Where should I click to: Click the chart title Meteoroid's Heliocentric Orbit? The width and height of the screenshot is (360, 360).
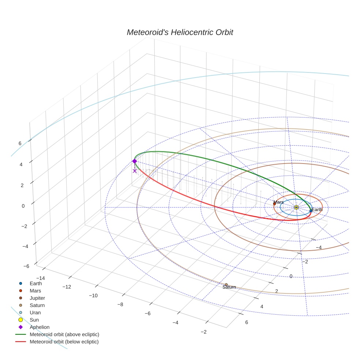180,33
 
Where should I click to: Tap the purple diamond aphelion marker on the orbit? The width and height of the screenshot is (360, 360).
134,161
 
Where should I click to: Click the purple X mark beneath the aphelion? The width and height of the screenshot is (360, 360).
135,171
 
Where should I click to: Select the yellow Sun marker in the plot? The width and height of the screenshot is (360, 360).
296,207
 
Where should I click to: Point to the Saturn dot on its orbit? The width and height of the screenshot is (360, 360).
226,285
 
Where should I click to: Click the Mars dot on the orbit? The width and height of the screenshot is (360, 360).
274,204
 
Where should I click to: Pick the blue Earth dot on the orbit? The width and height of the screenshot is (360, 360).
311,211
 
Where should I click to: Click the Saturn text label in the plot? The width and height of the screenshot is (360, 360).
229,288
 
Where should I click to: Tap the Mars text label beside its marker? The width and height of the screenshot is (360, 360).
278,202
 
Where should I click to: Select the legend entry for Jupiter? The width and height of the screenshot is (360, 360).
37,298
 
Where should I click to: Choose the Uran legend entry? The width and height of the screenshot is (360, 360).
35,312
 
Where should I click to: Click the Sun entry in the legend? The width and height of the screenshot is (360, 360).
34,320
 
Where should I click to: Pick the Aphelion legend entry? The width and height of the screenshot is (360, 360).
40,327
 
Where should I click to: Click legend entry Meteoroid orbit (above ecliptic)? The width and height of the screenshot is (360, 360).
64,334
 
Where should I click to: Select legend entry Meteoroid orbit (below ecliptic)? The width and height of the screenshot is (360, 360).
64,342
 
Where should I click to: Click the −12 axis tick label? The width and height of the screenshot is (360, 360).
67,286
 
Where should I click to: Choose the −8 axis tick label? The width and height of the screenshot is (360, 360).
120,304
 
